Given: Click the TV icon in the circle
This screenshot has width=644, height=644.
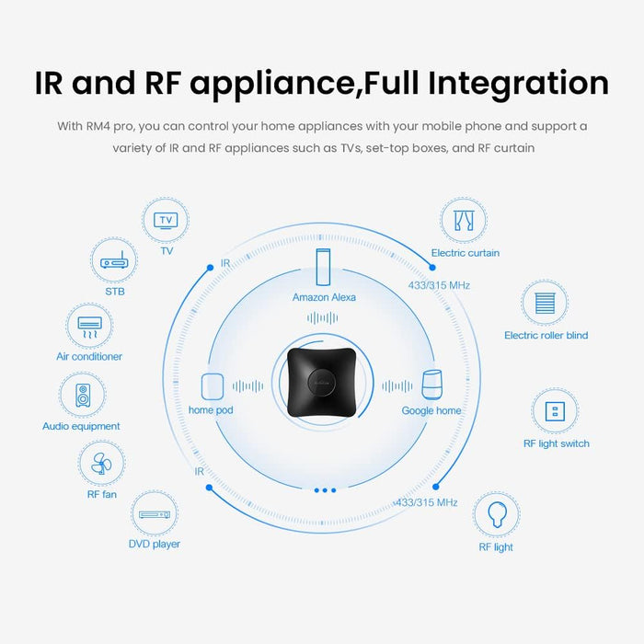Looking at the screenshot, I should [x=167, y=221].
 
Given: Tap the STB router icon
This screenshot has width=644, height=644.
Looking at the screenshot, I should [x=115, y=262].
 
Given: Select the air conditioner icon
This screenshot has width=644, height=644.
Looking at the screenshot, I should [x=89, y=326].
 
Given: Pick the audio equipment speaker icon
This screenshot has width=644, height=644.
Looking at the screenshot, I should [x=82, y=396].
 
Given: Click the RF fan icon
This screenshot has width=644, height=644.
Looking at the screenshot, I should [x=100, y=464].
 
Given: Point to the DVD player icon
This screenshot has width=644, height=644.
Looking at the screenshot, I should [x=154, y=514].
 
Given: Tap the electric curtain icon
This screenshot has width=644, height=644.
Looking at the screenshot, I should [x=464, y=221].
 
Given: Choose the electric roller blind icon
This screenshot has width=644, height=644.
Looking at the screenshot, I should [x=545, y=304].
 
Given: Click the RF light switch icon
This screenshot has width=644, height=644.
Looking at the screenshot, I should [x=555, y=410].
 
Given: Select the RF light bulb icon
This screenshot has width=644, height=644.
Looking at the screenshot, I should [x=497, y=514].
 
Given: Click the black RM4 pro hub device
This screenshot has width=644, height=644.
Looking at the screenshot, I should [x=321, y=387].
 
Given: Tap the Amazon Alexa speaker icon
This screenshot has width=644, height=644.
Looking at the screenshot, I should [x=323, y=266].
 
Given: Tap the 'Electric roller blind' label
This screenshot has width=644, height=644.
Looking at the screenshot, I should [x=546, y=336].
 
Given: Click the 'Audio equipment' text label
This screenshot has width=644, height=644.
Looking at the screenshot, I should [x=81, y=427].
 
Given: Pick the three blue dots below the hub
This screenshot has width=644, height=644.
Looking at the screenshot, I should [x=325, y=490].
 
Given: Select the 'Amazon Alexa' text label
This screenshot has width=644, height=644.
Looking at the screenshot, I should [x=324, y=297].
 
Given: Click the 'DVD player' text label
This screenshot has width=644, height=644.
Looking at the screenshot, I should [x=154, y=545].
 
